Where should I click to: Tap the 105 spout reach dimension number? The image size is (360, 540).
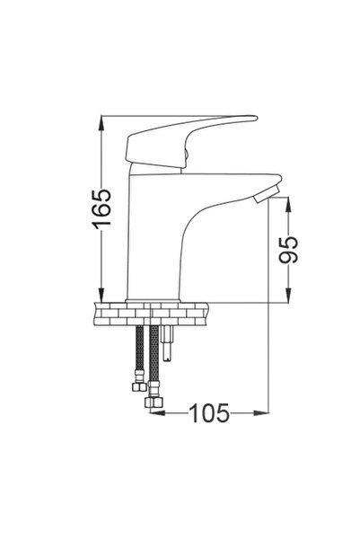click(x=209, y=413)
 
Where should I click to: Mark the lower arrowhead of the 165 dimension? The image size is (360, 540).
click(x=102, y=294)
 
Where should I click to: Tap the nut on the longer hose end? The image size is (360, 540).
click(x=154, y=403)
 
